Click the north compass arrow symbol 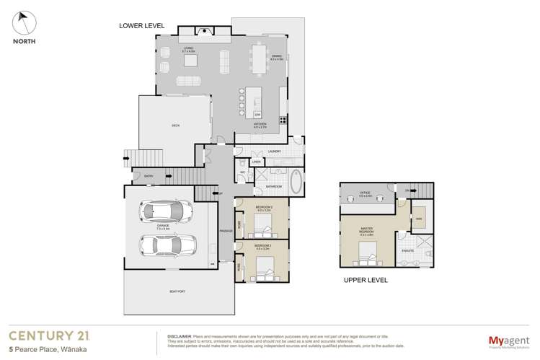[x=24, y=22]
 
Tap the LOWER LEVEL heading [x=142, y=26]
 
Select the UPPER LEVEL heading [x=366, y=279]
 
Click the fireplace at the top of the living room [x=204, y=31]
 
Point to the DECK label [x=175, y=126]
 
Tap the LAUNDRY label [x=274, y=152]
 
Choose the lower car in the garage [x=167, y=245]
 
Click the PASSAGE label [x=226, y=230]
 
